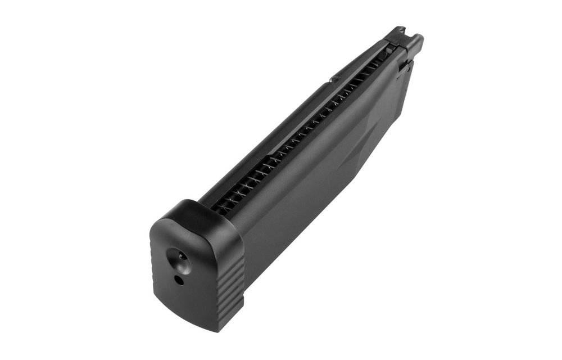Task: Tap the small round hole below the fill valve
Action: [178, 279]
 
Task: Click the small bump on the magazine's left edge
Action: [334, 80]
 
